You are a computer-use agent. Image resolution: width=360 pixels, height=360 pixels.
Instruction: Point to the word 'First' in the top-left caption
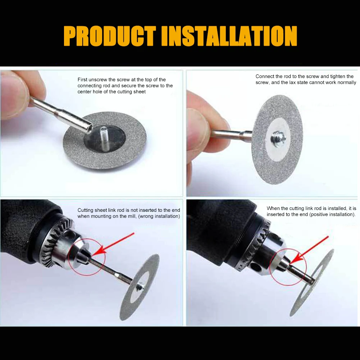click(83, 79)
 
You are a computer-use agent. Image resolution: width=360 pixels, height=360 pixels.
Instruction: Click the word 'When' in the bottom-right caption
click(273, 208)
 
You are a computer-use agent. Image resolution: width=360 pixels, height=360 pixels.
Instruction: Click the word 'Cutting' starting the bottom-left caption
click(86, 210)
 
